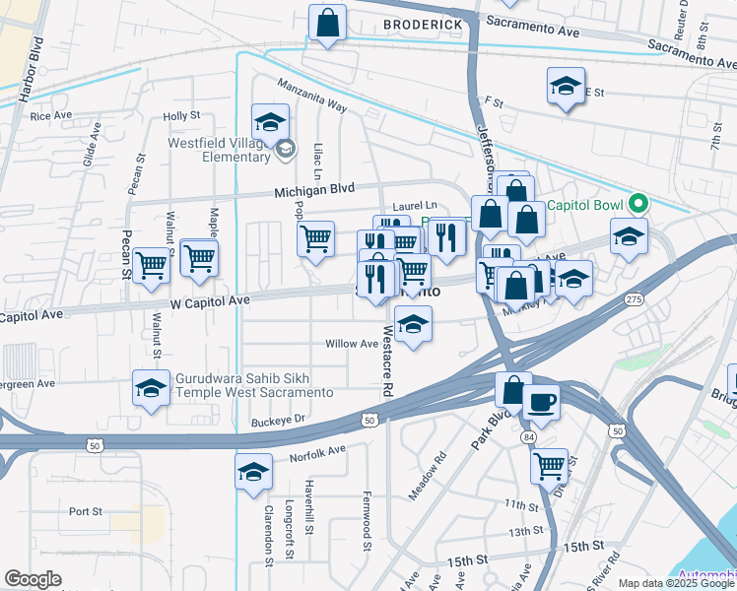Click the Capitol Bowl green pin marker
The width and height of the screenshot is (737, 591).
coord(638,205)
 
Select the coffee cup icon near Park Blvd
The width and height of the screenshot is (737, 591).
coord(540,402)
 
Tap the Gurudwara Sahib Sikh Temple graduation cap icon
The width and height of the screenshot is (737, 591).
coord(151,389)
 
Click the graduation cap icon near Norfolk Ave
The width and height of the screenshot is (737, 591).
coord(253,473)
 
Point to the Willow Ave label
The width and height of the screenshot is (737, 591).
coord(353,344)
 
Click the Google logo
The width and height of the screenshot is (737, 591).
coord(33,579)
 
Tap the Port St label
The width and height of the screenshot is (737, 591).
coord(86,511)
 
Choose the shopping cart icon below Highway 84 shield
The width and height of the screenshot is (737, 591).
coord(549,465)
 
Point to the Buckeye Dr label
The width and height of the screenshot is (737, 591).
coord(280,419)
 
